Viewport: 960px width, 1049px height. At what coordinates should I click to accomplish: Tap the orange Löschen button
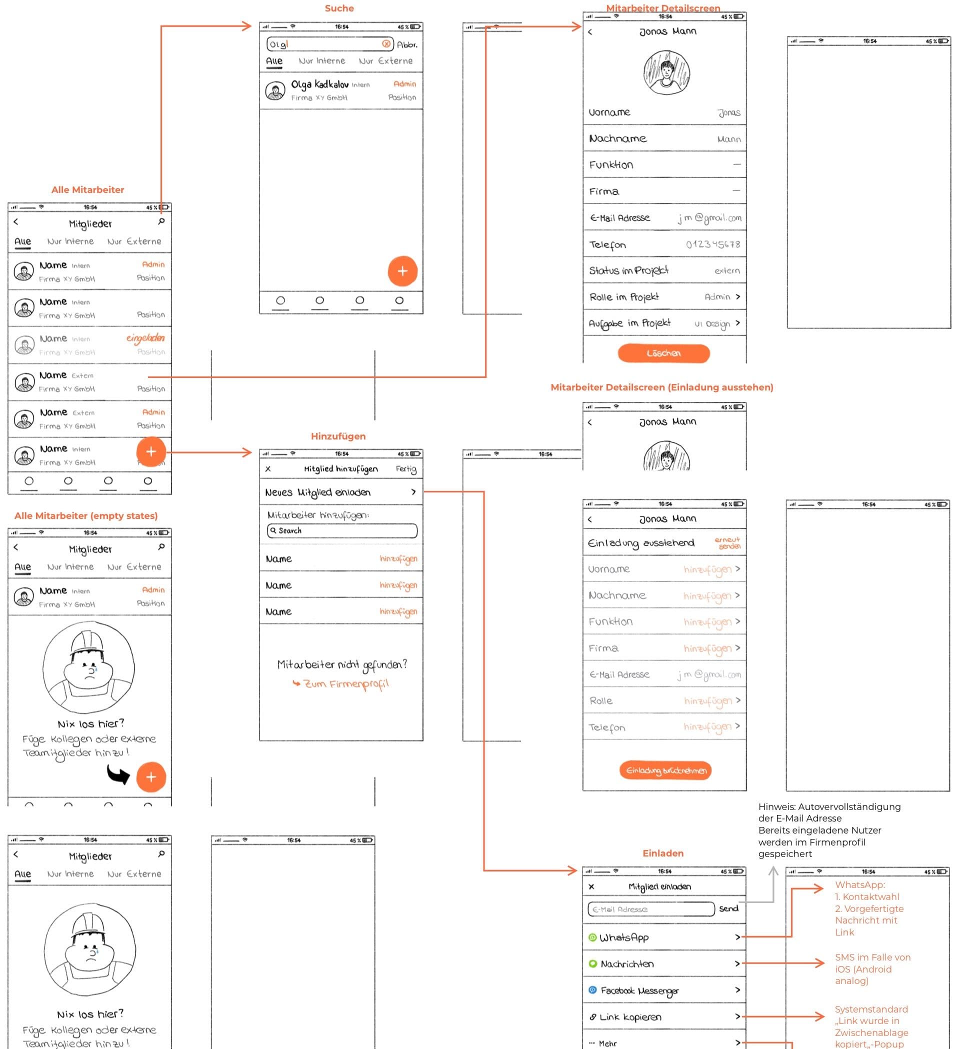[663, 353]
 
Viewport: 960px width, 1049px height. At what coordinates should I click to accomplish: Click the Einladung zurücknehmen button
[665, 770]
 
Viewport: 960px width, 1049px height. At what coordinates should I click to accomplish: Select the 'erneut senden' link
[727, 542]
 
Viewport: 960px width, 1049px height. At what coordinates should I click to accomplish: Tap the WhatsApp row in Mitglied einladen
[664, 937]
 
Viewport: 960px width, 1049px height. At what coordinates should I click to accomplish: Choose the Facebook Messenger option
[664, 990]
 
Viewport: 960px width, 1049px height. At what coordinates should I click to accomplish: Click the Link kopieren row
[664, 1016]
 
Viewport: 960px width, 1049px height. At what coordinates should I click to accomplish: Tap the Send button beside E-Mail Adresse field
[728, 908]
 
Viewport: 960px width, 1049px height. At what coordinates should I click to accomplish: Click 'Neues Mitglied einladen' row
[341, 492]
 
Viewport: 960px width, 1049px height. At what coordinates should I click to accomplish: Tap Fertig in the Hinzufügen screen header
[406, 469]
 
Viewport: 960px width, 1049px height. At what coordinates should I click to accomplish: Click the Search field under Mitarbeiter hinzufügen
[342, 530]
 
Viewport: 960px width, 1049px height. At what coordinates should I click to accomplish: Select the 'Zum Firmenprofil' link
[341, 683]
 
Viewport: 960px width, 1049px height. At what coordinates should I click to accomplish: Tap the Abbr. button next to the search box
[407, 44]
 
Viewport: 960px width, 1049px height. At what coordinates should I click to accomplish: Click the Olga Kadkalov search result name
[319, 84]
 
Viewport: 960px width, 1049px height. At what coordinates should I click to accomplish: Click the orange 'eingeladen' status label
[145, 338]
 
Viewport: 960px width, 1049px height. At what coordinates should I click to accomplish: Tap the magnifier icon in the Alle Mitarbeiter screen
[161, 221]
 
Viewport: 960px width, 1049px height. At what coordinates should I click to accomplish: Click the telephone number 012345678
[712, 244]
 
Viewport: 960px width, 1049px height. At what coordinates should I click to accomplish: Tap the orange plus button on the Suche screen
[402, 270]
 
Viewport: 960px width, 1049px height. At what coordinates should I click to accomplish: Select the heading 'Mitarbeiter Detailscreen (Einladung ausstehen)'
[661, 387]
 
